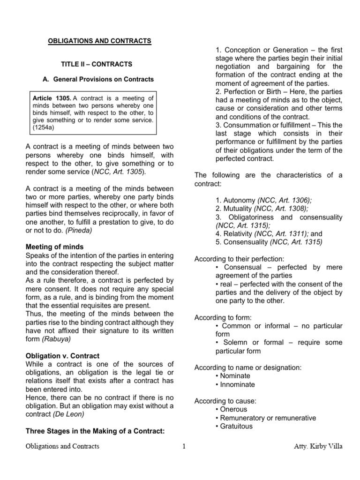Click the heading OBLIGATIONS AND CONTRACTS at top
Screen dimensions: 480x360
pos(100,41)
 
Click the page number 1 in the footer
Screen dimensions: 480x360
pos(184,447)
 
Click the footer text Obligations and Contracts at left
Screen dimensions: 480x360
pos(62,447)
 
